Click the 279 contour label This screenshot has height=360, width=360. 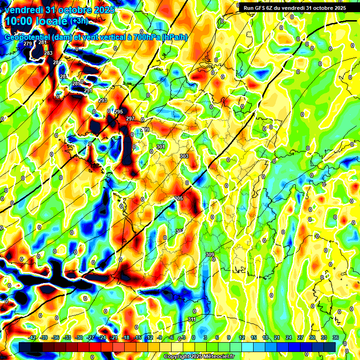click(28, 44)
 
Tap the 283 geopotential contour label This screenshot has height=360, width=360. click(48, 53)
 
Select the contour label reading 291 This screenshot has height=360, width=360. click(88, 90)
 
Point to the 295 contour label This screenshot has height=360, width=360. click(119, 112)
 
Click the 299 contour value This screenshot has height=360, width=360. click(145, 129)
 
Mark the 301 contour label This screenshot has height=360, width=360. click(161, 147)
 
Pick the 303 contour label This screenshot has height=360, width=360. click(184, 156)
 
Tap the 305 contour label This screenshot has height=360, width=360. click(178, 199)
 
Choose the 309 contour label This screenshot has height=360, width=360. click(210, 255)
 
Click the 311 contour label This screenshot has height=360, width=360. click(192, 319)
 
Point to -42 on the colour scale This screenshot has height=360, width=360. click(33, 337)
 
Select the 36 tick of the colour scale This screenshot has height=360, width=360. click(336, 337)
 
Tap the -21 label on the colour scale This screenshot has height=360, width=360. click(114, 337)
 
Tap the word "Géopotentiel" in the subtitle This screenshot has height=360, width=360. click(27, 37)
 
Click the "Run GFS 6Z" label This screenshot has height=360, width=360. click(262, 7)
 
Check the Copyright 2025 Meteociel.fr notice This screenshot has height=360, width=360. click(199, 357)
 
